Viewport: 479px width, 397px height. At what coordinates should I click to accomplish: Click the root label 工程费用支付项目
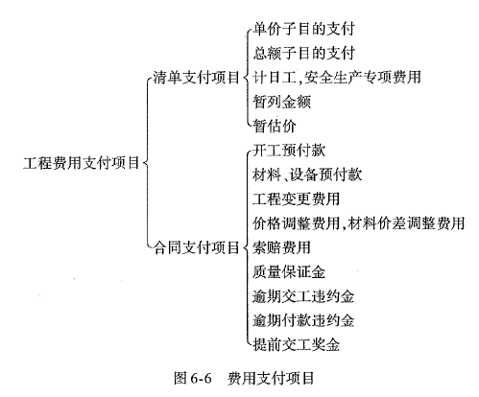[x=82, y=163]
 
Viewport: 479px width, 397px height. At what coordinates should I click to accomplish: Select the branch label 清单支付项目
[x=197, y=78]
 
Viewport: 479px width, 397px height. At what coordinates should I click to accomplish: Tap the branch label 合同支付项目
[x=197, y=247]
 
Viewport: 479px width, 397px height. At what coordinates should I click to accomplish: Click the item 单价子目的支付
[x=303, y=29]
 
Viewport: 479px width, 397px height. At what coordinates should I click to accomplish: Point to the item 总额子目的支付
[x=303, y=53]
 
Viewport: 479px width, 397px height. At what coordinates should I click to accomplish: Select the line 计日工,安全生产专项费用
[x=337, y=78]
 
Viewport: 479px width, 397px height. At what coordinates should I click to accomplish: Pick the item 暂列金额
[x=282, y=102]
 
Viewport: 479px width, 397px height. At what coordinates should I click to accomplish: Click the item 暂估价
[x=275, y=126]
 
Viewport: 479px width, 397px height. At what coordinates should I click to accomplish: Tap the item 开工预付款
[x=289, y=151]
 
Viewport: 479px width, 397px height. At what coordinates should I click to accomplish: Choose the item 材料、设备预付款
[x=307, y=175]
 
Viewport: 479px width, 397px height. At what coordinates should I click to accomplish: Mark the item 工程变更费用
[x=297, y=199]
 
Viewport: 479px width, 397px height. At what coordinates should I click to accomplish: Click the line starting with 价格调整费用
[x=359, y=223]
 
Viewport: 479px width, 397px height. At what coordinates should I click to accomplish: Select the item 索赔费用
[x=282, y=247]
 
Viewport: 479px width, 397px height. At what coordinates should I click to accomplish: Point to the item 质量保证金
[x=289, y=272]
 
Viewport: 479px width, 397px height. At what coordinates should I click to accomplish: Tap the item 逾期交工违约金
[x=303, y=296]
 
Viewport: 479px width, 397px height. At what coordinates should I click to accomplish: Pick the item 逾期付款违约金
[x=303, y=320]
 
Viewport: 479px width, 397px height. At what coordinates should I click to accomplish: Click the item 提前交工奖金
[x=297, y=345]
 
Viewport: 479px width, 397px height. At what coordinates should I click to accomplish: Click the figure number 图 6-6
[x=193, y=378]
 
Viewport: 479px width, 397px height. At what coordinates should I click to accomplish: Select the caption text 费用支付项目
[x=271, y=378]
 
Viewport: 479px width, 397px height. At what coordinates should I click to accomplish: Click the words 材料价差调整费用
[x=406, y=223]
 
